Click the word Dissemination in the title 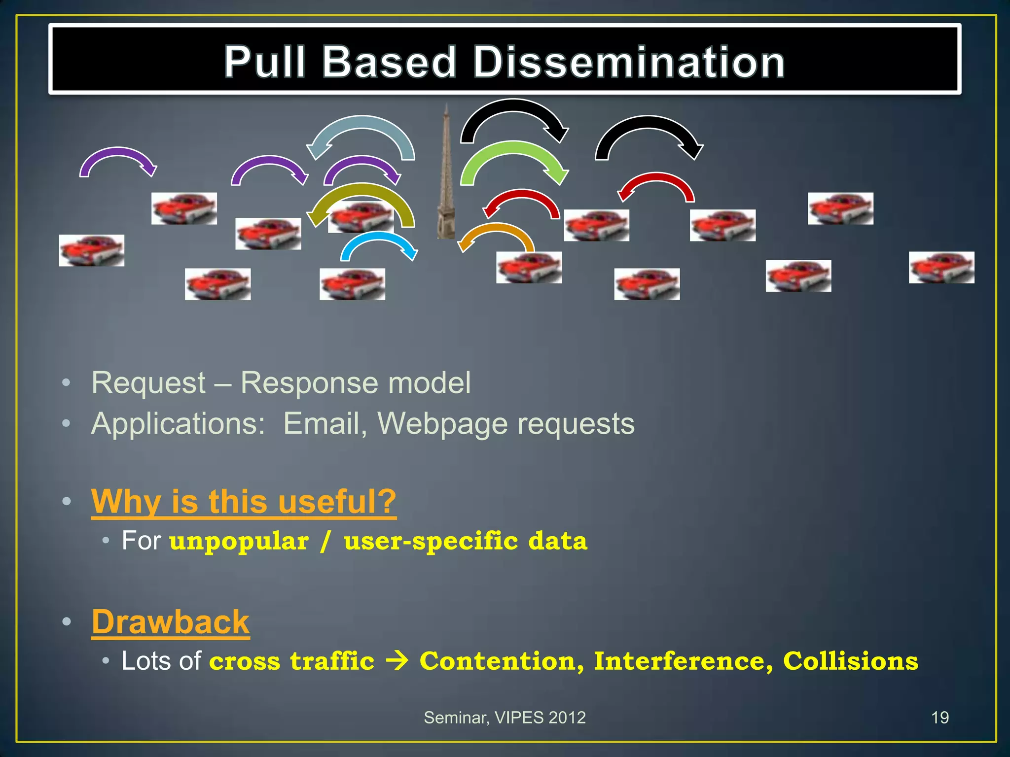[x=629, y=62]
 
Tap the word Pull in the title [x=265, y=62]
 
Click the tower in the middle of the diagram [x=446, y=177]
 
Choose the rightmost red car [x=941, y=268]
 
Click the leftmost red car [x=92, y=250]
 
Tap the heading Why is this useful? [x=244, y=501]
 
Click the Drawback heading [x=171, y=622]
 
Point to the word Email [x=325, y=423]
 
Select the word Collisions [x=851, y=661]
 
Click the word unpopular [x=239, y=541]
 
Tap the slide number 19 [x=940, y=718]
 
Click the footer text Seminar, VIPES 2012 [x=505, y=718]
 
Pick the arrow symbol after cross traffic [x=397, y=661]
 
